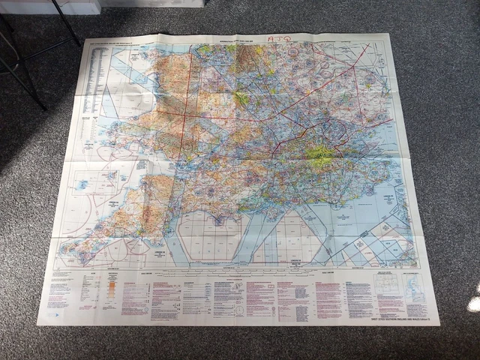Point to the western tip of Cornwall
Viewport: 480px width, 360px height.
64,248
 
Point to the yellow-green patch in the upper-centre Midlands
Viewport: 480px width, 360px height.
241,98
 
